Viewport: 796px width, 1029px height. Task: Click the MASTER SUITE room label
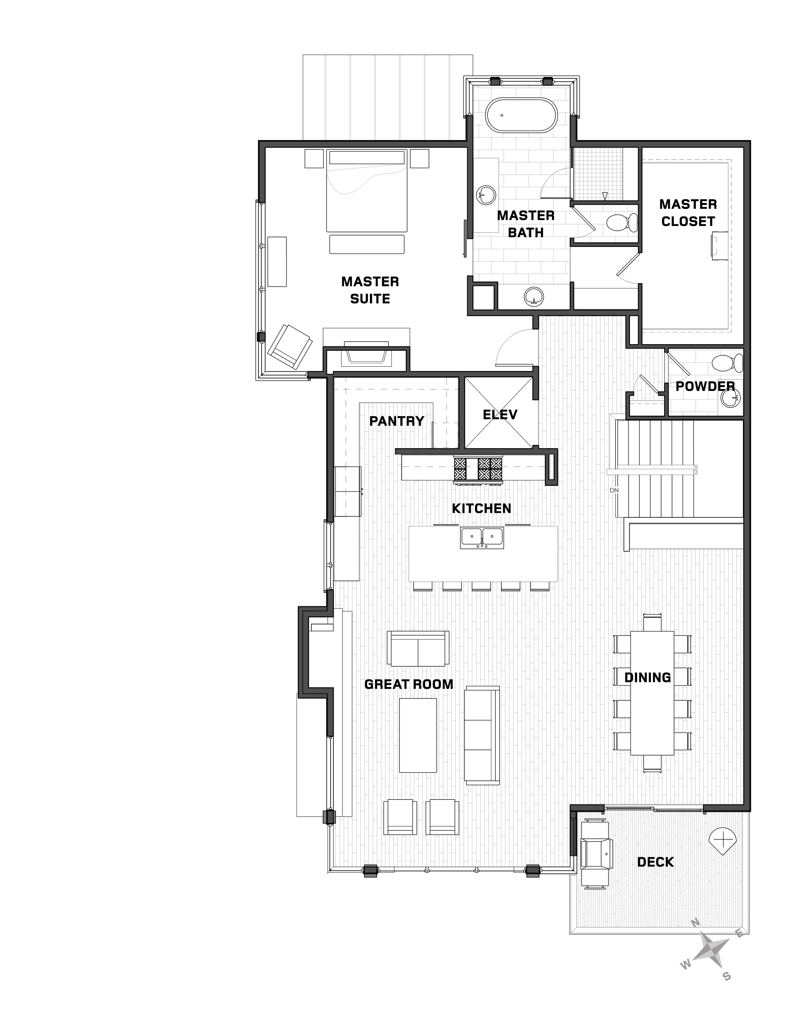(370, 290)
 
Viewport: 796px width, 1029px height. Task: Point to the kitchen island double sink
(482, 538)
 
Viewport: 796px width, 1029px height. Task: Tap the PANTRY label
(396, 421)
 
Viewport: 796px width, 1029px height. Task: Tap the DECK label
(656, 862)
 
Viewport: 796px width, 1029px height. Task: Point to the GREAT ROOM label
(409, 684)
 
